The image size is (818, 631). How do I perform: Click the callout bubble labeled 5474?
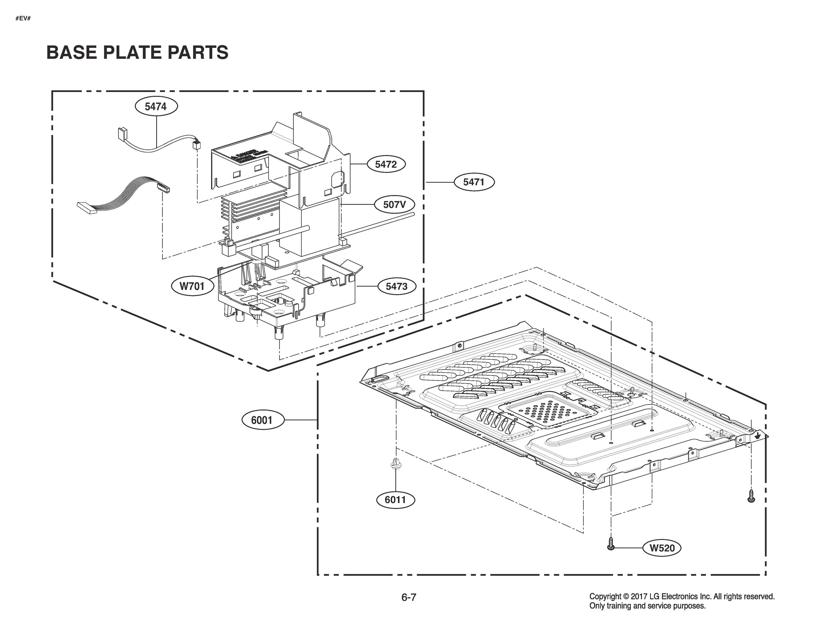pyautogui.click(x=156, y=107)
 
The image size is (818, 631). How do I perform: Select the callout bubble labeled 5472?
pyautogui.click(x=386, y=164)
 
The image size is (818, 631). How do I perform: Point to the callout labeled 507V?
pyautogui.click(x=394, y=205)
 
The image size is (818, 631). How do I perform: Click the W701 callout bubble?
pyautogui.click(x=193, y=286)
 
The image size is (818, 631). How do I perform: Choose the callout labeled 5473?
pyautogui.click(x=397, y=287)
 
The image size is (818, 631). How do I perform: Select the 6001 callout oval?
pyautogui.click(x=262, y=420)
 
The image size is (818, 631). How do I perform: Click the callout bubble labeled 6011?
pyautogui.click(x=396, y=500)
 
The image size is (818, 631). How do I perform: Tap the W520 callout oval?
pyautogui.click(x=662, y=548)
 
